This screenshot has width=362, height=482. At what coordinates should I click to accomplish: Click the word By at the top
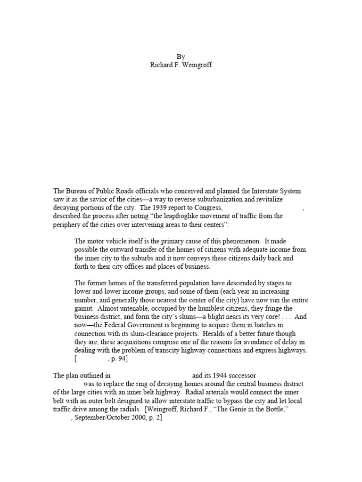coord(181,56)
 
